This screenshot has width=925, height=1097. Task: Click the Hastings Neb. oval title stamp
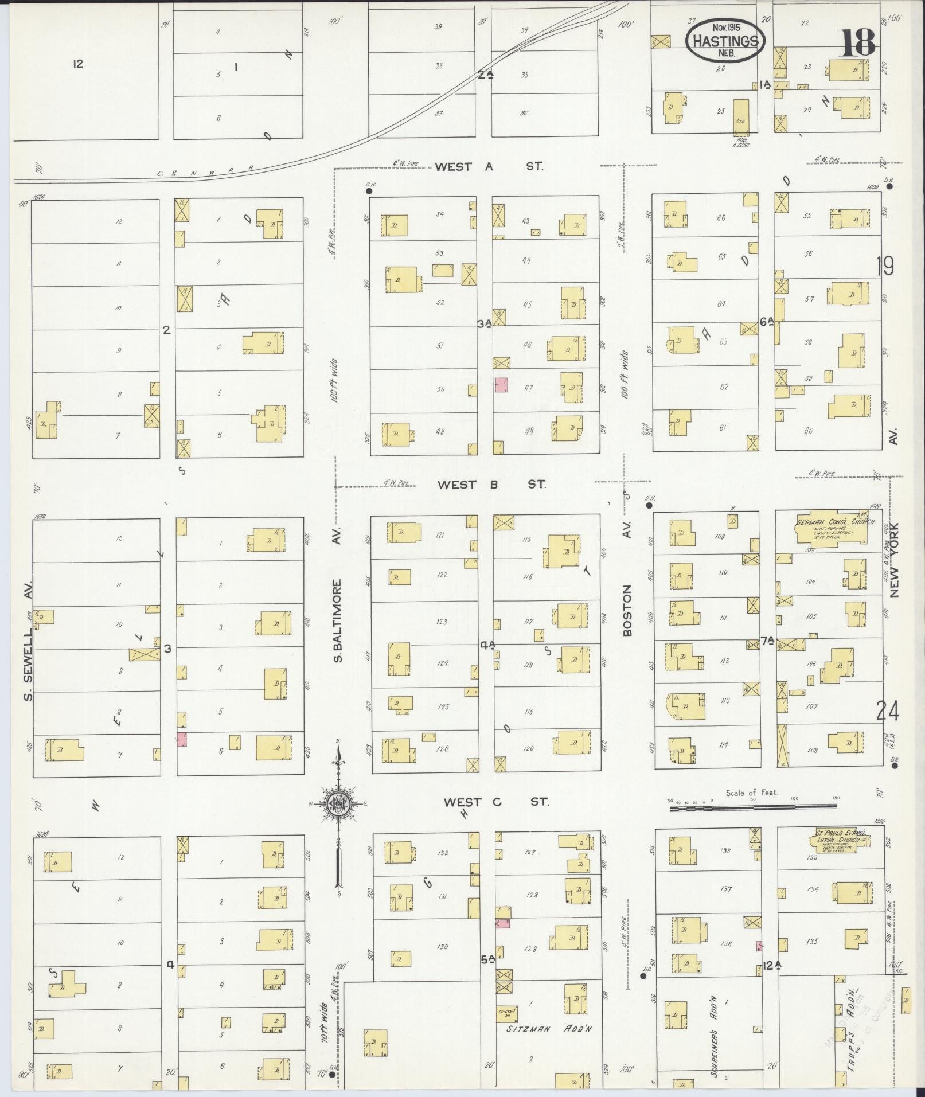pos(725,41)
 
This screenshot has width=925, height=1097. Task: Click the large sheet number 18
pos(858,42)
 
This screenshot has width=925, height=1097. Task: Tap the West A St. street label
pos(489,167)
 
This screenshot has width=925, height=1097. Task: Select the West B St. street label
pos(491,485)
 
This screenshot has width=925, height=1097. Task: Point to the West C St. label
pos(496,802)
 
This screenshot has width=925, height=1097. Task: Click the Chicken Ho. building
pos(507,1013)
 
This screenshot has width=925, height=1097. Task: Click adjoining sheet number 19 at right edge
pos(885,266)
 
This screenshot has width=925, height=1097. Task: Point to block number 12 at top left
pos(78,64)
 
